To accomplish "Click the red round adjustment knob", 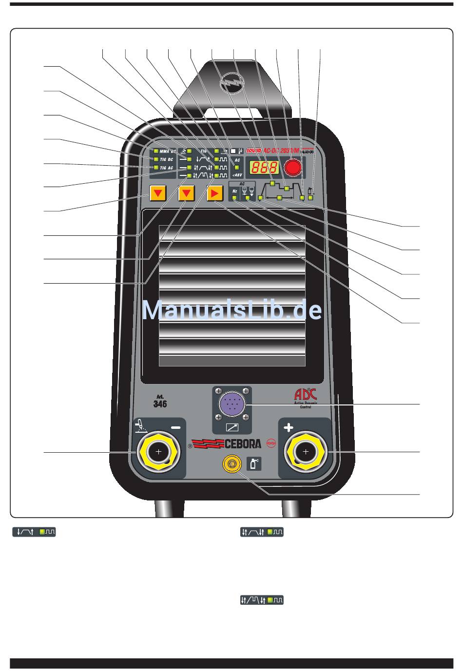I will [x=293, y=168].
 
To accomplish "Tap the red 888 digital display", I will [x=264, y=168].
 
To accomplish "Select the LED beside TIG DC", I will [x=156, y=159].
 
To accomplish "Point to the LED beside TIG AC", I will [x=156, y=168].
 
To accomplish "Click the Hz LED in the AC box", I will [x=235, y=198].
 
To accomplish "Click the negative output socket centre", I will [x=158, y=452].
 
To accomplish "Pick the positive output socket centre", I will [x=306, y=452].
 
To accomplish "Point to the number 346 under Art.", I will [x=160, y=404].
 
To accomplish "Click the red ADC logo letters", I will [x=306, y=394].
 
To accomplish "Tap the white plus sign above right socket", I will [x=289, y=428].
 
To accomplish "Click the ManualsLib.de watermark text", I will [x=232, y=311].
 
